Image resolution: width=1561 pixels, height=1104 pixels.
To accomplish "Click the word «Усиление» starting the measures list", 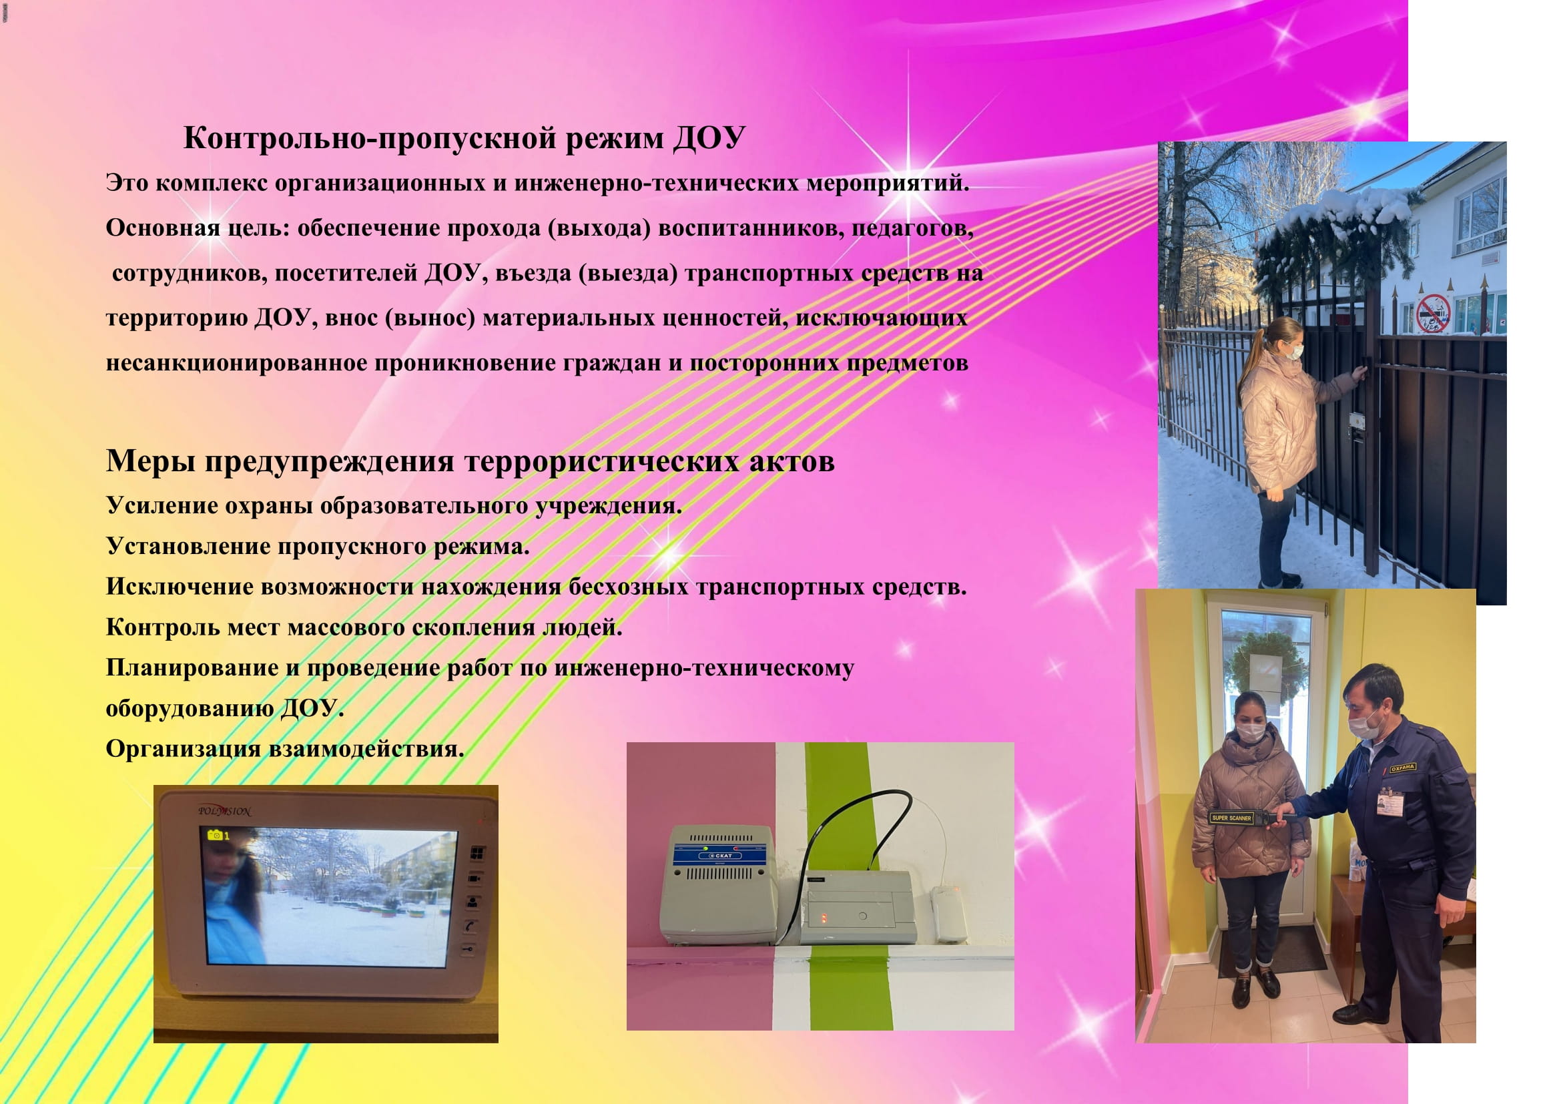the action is point(160,506).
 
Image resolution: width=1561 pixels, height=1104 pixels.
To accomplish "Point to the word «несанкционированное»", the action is point(237,364).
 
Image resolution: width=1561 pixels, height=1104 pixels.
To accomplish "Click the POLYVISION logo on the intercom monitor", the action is point(224,811).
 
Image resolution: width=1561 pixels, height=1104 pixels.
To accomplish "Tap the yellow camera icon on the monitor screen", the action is point(216,835).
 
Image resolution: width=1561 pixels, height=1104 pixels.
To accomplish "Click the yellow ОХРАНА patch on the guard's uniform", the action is point(1403,768).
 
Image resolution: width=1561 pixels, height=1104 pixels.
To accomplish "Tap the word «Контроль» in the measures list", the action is point(162,627).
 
